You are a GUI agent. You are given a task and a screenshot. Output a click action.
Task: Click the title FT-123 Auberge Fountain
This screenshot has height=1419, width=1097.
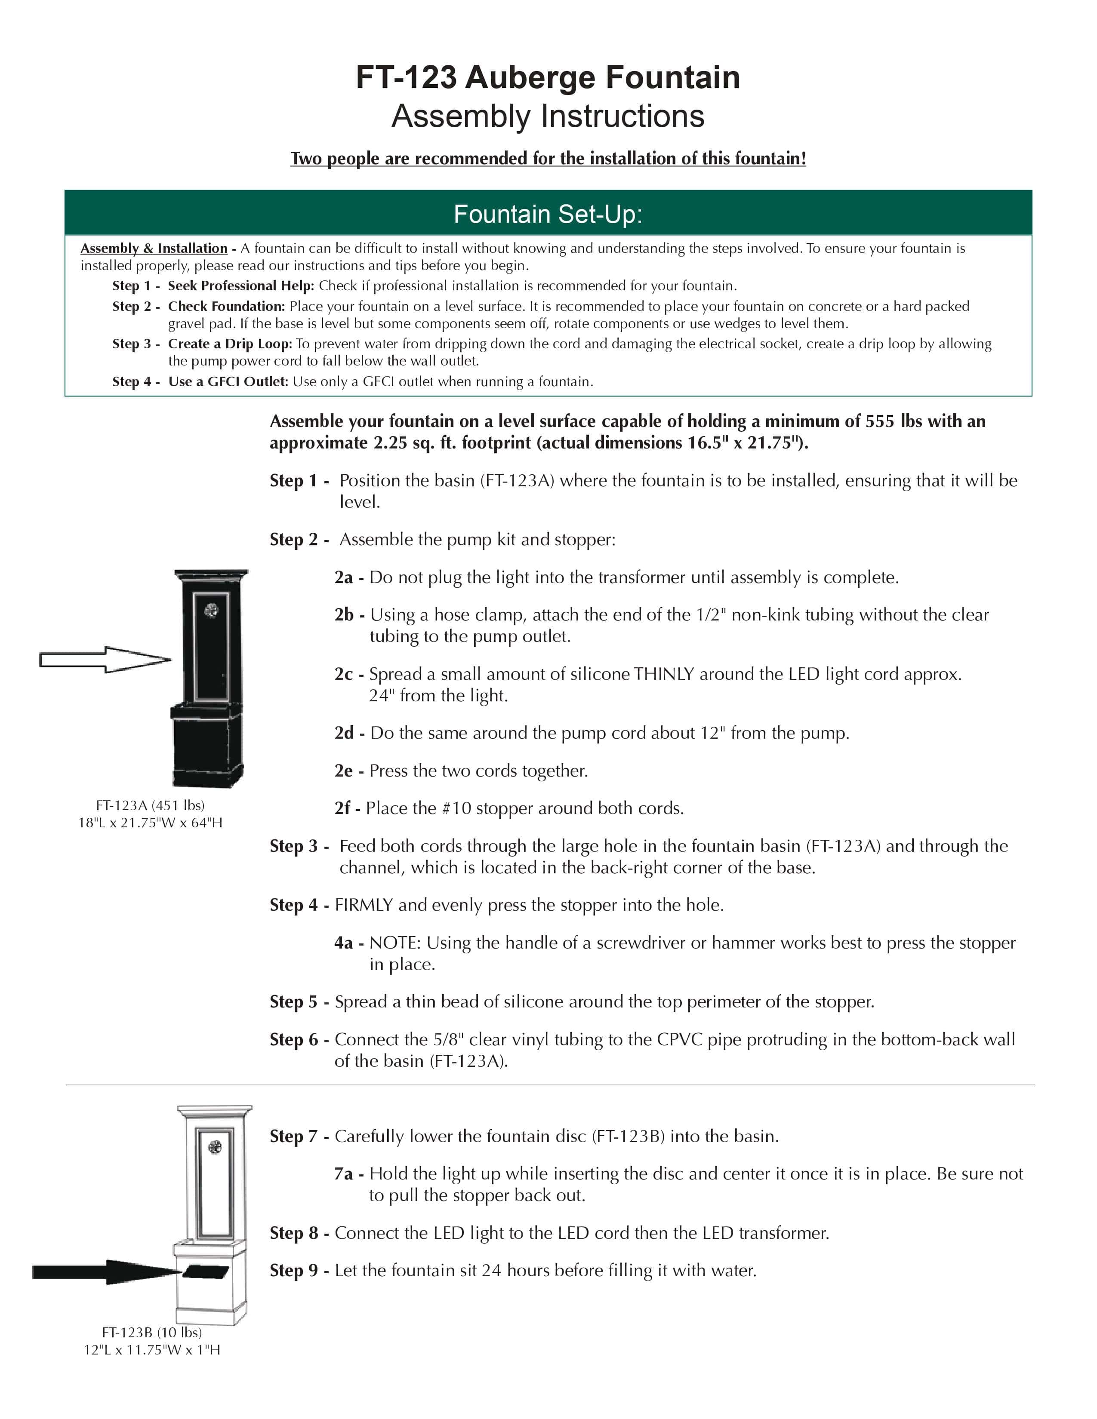(548, 77)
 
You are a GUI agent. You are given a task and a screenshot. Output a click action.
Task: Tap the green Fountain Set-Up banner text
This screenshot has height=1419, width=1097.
(548, 214)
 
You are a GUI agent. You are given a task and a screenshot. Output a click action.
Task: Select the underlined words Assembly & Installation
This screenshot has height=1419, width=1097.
(154, 248)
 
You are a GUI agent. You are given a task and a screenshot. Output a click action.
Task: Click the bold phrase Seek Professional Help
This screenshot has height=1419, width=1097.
(240, 286)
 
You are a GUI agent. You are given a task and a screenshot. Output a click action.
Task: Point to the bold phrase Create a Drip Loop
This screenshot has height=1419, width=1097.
(229, 344)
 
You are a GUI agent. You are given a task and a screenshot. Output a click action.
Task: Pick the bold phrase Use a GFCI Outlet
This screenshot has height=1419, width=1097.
(228, 381)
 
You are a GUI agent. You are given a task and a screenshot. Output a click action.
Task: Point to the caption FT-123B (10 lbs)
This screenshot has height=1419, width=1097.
(151, 1333)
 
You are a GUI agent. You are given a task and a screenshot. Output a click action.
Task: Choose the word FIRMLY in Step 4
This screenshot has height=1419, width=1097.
(364, 905)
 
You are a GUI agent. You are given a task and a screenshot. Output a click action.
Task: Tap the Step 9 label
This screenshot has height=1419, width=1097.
(294, 1271)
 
